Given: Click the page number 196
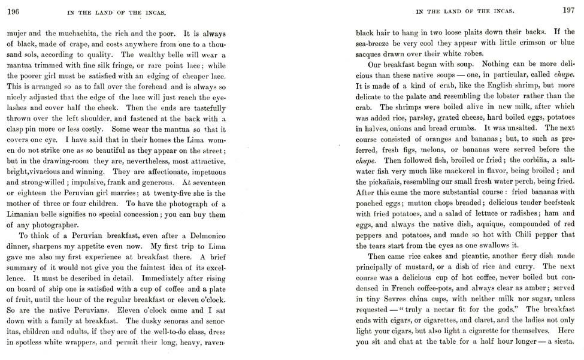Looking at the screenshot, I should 13,10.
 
